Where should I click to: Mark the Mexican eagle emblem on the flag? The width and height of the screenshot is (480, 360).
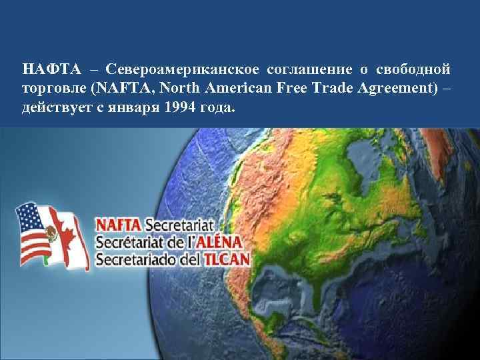click(x=48, y=233)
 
